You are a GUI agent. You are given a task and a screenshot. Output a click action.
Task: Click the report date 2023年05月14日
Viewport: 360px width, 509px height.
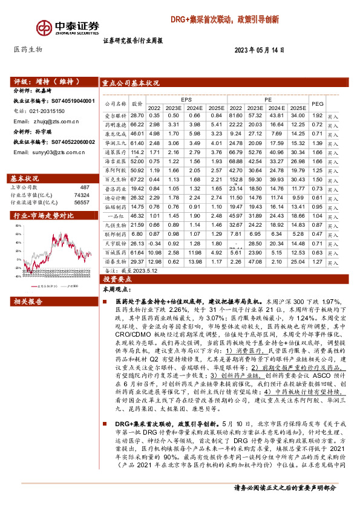[x=259, y=51]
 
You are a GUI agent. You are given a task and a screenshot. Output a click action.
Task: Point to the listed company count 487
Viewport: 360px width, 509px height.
[x=84, y=188]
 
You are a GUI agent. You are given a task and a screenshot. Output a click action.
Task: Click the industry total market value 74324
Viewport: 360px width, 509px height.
[x=81, y=195]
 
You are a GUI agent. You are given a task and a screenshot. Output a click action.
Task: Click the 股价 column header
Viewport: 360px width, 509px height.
[x=137, y=103]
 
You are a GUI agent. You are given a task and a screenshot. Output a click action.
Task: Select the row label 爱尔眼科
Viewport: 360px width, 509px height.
[x=115, y=115]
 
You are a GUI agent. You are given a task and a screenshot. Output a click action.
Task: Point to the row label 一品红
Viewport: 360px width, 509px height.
[x=115, y=216]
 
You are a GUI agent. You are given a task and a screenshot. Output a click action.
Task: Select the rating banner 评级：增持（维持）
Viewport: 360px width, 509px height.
[x=42, y=80]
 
